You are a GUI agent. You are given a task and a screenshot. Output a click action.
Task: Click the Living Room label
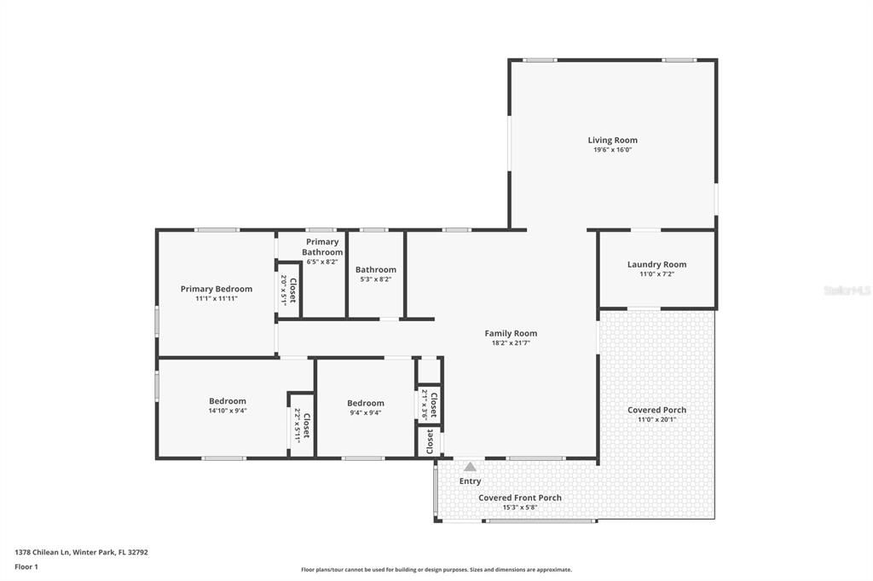tap(612, 141)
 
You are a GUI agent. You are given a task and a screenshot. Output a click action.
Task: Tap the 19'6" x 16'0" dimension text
tap(612, 150)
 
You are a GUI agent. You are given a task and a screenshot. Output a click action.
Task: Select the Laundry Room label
tap(656, 264)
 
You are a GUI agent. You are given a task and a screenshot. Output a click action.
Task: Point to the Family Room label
tap(511, 333)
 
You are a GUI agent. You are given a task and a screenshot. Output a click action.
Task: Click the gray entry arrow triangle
tap(470, 467)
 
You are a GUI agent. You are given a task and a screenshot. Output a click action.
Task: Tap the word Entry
tap(470, 481)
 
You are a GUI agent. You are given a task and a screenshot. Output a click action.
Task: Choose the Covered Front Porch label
tap(519, 498)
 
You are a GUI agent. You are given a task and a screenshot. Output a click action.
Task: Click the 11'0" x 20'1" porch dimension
tap(656, 419)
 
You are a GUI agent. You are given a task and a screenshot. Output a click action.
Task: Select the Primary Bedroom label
tap(217, 289)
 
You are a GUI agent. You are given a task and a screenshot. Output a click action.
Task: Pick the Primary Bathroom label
tap(322, 247)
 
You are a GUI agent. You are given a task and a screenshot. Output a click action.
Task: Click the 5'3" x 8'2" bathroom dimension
tap(375, 279)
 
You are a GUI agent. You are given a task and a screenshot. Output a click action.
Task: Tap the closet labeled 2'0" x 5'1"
tap(288, 290)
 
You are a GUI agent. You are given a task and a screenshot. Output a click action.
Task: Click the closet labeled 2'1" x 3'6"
tap(429, 404)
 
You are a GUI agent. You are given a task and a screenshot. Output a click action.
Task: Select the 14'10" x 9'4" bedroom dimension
tap(228, 411)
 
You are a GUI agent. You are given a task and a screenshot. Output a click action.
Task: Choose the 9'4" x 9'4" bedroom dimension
tap(365, 412)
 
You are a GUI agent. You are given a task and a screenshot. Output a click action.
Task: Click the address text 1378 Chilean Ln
tap(50, 552)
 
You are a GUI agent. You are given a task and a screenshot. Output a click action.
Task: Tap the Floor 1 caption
tap(26, 567)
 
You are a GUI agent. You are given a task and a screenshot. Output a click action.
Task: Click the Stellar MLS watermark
tap(847, 290)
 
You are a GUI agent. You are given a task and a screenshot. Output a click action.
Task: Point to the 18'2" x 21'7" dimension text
tap(511, 342)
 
